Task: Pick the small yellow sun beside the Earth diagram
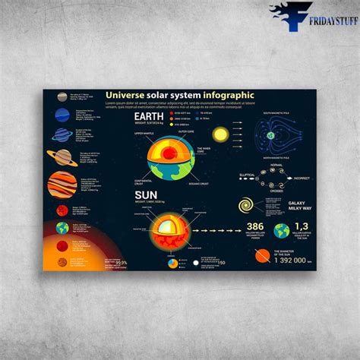click(x=220, y=134)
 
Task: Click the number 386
click(x=255, y=226)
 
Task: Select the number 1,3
click(x=302, y=226)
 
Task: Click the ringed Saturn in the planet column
click(x=62, y=157)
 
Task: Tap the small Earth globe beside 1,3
click(x=282, y=230)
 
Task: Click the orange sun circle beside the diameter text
click(x=262, y=256)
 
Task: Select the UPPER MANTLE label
click(x=144, y=134)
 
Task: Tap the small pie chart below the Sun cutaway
click(x=173, y=264)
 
